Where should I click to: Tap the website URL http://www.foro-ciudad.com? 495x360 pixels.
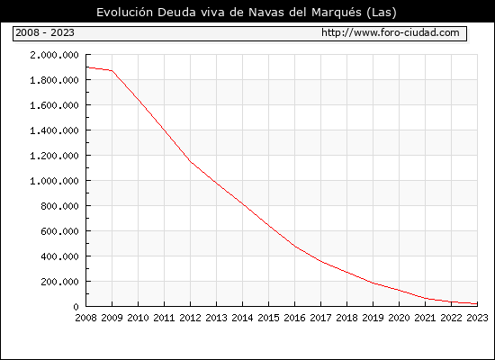pyautogui.click(x=391, y=32)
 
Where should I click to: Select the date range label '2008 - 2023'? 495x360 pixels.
pyautogui.click(x=45, y=32)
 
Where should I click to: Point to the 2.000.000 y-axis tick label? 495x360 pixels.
pyautogui.click(x=54, y=55)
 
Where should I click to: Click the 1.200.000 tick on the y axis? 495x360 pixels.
pyautogui.click(x=54, y=156)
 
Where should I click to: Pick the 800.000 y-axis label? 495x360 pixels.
pyautogui.click(x=59, y=206)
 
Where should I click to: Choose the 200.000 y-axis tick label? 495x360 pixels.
pyautogui.click(x=59, y=282)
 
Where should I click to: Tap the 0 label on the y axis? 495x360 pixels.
pyautogui.click(x=76, y=307)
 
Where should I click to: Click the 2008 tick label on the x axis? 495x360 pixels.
pyautogui.click(x=85, y=318)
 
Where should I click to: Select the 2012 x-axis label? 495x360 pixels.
pyautogui.click(x=191, y=318)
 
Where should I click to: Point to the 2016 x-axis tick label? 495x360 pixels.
pyautogui.click(x=295, y=318)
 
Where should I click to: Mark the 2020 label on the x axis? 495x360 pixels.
pyautogui.click(x=399, y=318)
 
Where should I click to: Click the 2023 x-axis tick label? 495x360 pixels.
pyautogui.click(x=477, y=318)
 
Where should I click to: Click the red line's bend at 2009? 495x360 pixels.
pyautogui.click(x=112, y=70)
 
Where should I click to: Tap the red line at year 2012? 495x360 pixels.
pyautogui.click(x=191, y=161)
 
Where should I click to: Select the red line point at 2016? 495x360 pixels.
pyautogui.click(x=295, y=247)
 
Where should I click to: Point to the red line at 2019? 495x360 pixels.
pyautogui.click(x=373, y=283)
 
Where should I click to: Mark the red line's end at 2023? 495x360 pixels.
pyautogui.click(x=477, y=304)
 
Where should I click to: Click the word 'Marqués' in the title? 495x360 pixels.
pyautogui.click(x=337, y=13)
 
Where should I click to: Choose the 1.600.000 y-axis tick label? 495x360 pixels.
pyautogui.click(x=54, y=105)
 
